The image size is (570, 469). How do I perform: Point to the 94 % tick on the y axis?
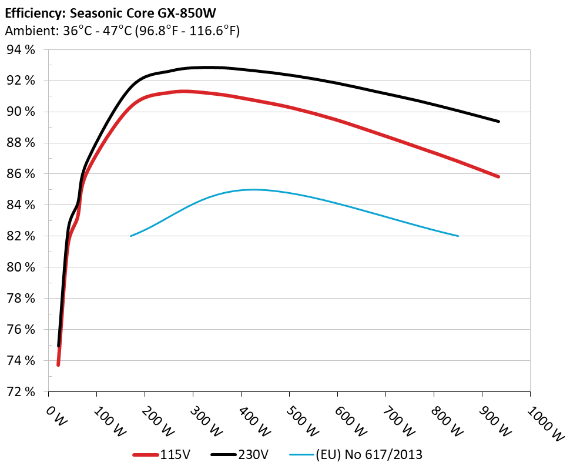pyautogui.click(x=21, y=49)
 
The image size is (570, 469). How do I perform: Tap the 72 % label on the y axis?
pyautogui.click(x=21, y=391)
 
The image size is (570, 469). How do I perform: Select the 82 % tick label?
pyautogui.click(x=21, y=236)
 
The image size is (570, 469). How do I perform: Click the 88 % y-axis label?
pyautogui.click(x=21, y=143)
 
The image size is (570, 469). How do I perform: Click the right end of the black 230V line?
pyautogui.click(x=499, y=122)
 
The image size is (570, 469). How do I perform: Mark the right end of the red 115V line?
pyautogui.click(x=498, y=176)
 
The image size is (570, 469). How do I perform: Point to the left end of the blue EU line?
pyautogui.click(x=130, y=236)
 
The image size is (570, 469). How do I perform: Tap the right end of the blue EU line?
pyautogui.click(x=458, y=236)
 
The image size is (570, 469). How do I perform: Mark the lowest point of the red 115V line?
pyautogui.click(x=58, y=365)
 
